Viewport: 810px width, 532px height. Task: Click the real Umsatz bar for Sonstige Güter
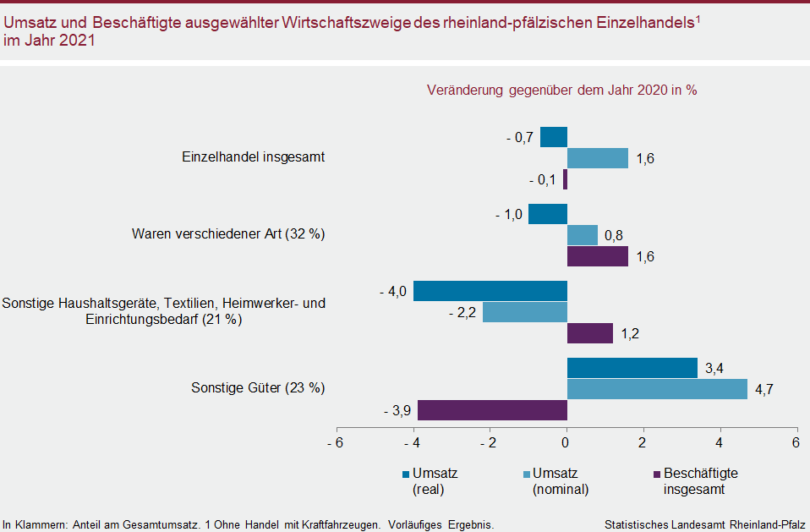tap(632, 368)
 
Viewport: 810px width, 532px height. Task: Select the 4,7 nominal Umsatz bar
tap(657, 389)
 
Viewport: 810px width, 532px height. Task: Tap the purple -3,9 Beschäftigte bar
tap(492, 410)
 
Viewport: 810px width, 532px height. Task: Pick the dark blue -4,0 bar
tap(490, 291)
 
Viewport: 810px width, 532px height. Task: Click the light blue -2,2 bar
tap(524, 312)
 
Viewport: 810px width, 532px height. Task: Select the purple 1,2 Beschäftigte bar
tap(589, 333)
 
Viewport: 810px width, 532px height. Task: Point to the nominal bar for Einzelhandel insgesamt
tap(597, 158)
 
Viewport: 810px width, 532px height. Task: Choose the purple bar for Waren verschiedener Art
tap(597, 256)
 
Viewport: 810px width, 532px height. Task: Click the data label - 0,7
tap(519, 137)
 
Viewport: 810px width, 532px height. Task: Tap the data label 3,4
tap(715, 368)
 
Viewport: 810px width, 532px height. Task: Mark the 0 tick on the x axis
tap(566, 442)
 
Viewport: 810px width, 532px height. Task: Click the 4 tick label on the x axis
tap(720, 442)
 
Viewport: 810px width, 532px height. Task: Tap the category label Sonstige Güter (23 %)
tap(258, 388)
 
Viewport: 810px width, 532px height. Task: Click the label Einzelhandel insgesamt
tap(254, 157)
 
